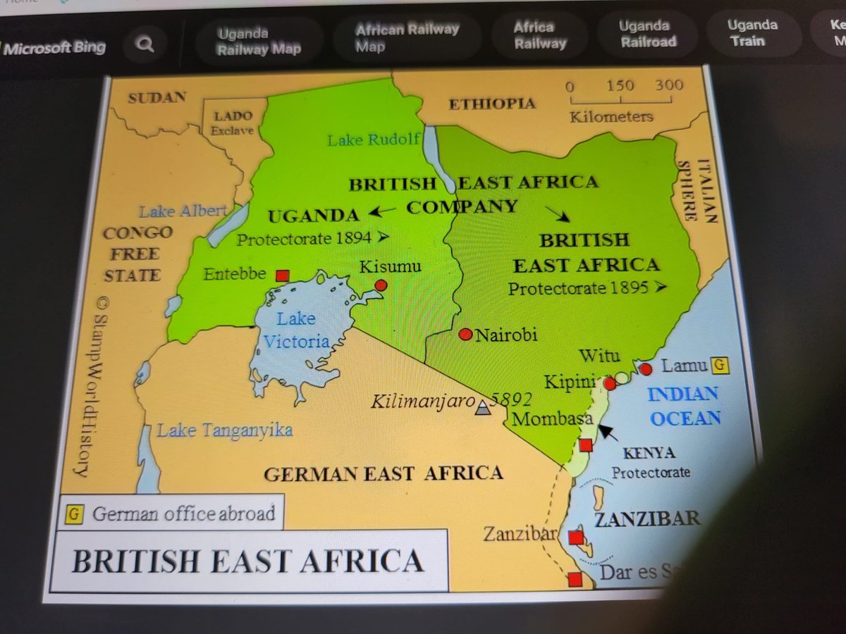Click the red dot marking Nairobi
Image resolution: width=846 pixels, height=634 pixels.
click(x=465, y=334)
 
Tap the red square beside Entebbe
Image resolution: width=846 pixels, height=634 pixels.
click(x=283, y=275)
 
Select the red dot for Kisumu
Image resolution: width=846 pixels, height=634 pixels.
click(x=381, y=285)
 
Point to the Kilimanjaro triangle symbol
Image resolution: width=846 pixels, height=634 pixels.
click(x=482, y=407)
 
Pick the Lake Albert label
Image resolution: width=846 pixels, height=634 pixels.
click(x=183, y=211)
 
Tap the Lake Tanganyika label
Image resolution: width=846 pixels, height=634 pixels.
click(x=224, y=430)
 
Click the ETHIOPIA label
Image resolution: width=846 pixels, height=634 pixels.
click(x=492, y=104)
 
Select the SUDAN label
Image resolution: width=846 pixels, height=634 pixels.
click(x=157, y=98)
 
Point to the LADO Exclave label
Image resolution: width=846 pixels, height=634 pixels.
click(x=233, y=123)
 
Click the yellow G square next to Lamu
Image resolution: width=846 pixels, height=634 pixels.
click(x=719, y=366)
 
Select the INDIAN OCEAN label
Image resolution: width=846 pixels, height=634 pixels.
click(x=685, y=406)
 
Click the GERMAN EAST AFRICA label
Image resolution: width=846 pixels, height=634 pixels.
click(x=384, y=473)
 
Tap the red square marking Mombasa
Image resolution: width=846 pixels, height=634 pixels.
click(x=586, y=445)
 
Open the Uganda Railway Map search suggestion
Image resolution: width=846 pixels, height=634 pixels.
click(x=259, y=41)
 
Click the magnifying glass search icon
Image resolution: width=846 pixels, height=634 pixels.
click(x=145, y=46)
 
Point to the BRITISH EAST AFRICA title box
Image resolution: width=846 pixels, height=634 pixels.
click(x=248, y=561)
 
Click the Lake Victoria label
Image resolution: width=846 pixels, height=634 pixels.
click(x=296, y=330)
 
